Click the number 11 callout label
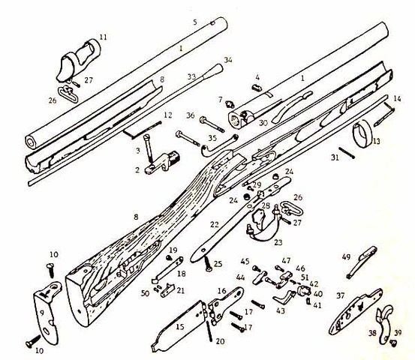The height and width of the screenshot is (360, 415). (104, 35)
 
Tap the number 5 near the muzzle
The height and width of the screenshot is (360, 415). (194, 22)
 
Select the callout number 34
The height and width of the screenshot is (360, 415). (228, 60)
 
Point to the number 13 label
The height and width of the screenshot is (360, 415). (376, 141)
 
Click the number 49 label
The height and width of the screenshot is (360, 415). (347, 256)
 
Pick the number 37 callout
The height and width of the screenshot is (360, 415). (340, 295)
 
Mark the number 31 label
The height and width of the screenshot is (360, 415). (335, 157)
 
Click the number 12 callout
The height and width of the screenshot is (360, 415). (168, 115)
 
